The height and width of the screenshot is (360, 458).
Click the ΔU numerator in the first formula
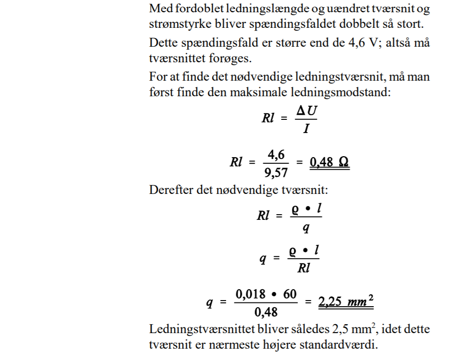(306, 112)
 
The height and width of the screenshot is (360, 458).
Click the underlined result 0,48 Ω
(329, 162)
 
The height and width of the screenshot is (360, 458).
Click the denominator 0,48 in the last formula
(267, 311)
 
